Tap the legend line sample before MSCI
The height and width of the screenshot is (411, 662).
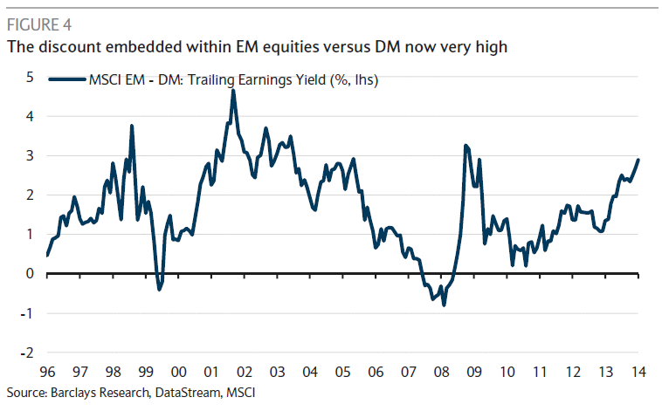click(66, 80)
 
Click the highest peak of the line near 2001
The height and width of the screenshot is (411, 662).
click(233, 91)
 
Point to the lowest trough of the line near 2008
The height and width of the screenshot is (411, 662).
click(444, 305)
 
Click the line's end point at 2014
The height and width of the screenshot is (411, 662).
click(638, 160)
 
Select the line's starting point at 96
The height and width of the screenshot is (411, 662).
click(46, 255)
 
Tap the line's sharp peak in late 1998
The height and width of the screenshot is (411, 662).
click(132, 126)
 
